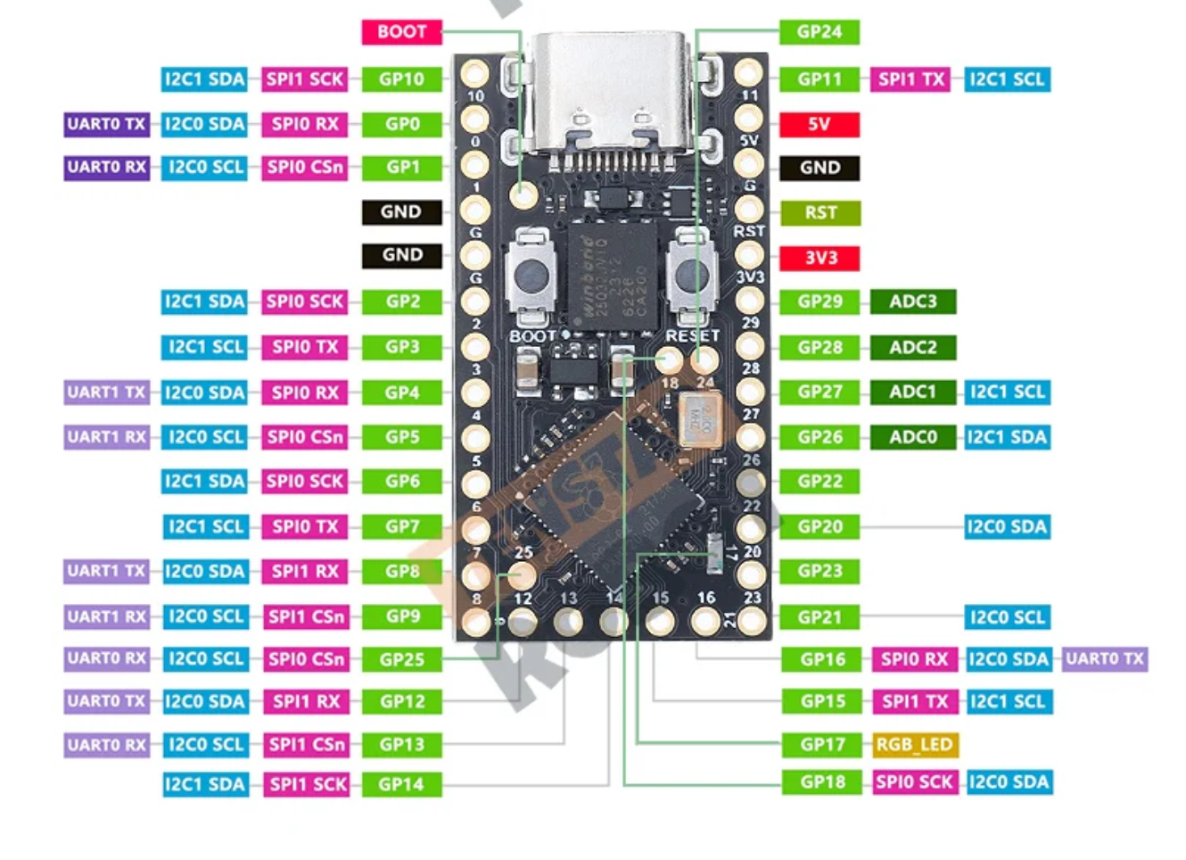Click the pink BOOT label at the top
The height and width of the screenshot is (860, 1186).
click(x=401, y=32)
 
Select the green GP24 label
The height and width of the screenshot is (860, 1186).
click(x=819, y=32)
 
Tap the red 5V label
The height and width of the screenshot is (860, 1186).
click(x=819, y=124)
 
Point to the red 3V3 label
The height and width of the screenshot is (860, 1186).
click(x=819, y=258)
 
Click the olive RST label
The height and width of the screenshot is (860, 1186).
click(x=819, y=212)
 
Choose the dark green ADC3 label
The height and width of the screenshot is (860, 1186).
click(x=912, y=302)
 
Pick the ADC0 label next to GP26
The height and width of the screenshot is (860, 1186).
click(x=912, y=437)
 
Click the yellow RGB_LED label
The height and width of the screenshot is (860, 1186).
click(x=915, y=745)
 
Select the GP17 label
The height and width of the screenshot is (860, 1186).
click(x=821, y=745)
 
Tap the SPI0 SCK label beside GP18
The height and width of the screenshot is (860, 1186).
click(x=915, y=782)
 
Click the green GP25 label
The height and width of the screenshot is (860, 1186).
click(x=401, y=659)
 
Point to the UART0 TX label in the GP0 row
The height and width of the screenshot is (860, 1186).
click(x=106, y=124)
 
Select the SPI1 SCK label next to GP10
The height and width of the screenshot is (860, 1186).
click(x=304, y=79)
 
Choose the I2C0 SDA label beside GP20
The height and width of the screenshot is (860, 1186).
click(x=1007, y=527)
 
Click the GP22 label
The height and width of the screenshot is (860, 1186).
click(x=819, y=482)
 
